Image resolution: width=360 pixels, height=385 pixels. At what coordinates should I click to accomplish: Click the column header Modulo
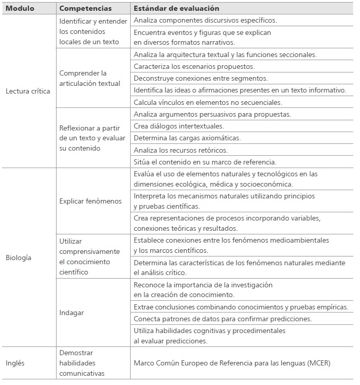click(x=20, y=9)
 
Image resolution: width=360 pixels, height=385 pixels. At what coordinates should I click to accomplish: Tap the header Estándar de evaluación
click(x=176, y=9)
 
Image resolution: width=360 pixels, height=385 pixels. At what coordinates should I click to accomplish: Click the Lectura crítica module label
click(x=28, y=91)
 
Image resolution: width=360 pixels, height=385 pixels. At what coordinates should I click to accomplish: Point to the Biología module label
click(x=19, y=258)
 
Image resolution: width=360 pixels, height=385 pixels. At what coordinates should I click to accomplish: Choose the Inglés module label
click(x=15, y=363)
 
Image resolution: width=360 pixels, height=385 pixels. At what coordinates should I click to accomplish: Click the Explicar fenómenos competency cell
click(x=91, y=201)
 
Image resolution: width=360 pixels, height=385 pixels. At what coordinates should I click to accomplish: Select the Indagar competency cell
click(x=71, y=313)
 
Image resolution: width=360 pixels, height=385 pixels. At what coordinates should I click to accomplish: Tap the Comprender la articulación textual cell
click(x=89, y=78)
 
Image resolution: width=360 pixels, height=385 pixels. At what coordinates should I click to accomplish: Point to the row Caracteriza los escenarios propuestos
click(x=194, y=66)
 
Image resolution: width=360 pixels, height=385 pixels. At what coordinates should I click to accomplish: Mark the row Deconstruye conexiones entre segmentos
click(x=201, y=78)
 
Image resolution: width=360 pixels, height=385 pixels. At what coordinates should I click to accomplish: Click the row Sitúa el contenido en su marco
click(x=205, y=162)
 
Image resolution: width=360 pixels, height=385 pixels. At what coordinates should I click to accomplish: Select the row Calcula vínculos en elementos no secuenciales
click(x=208, y=102)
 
